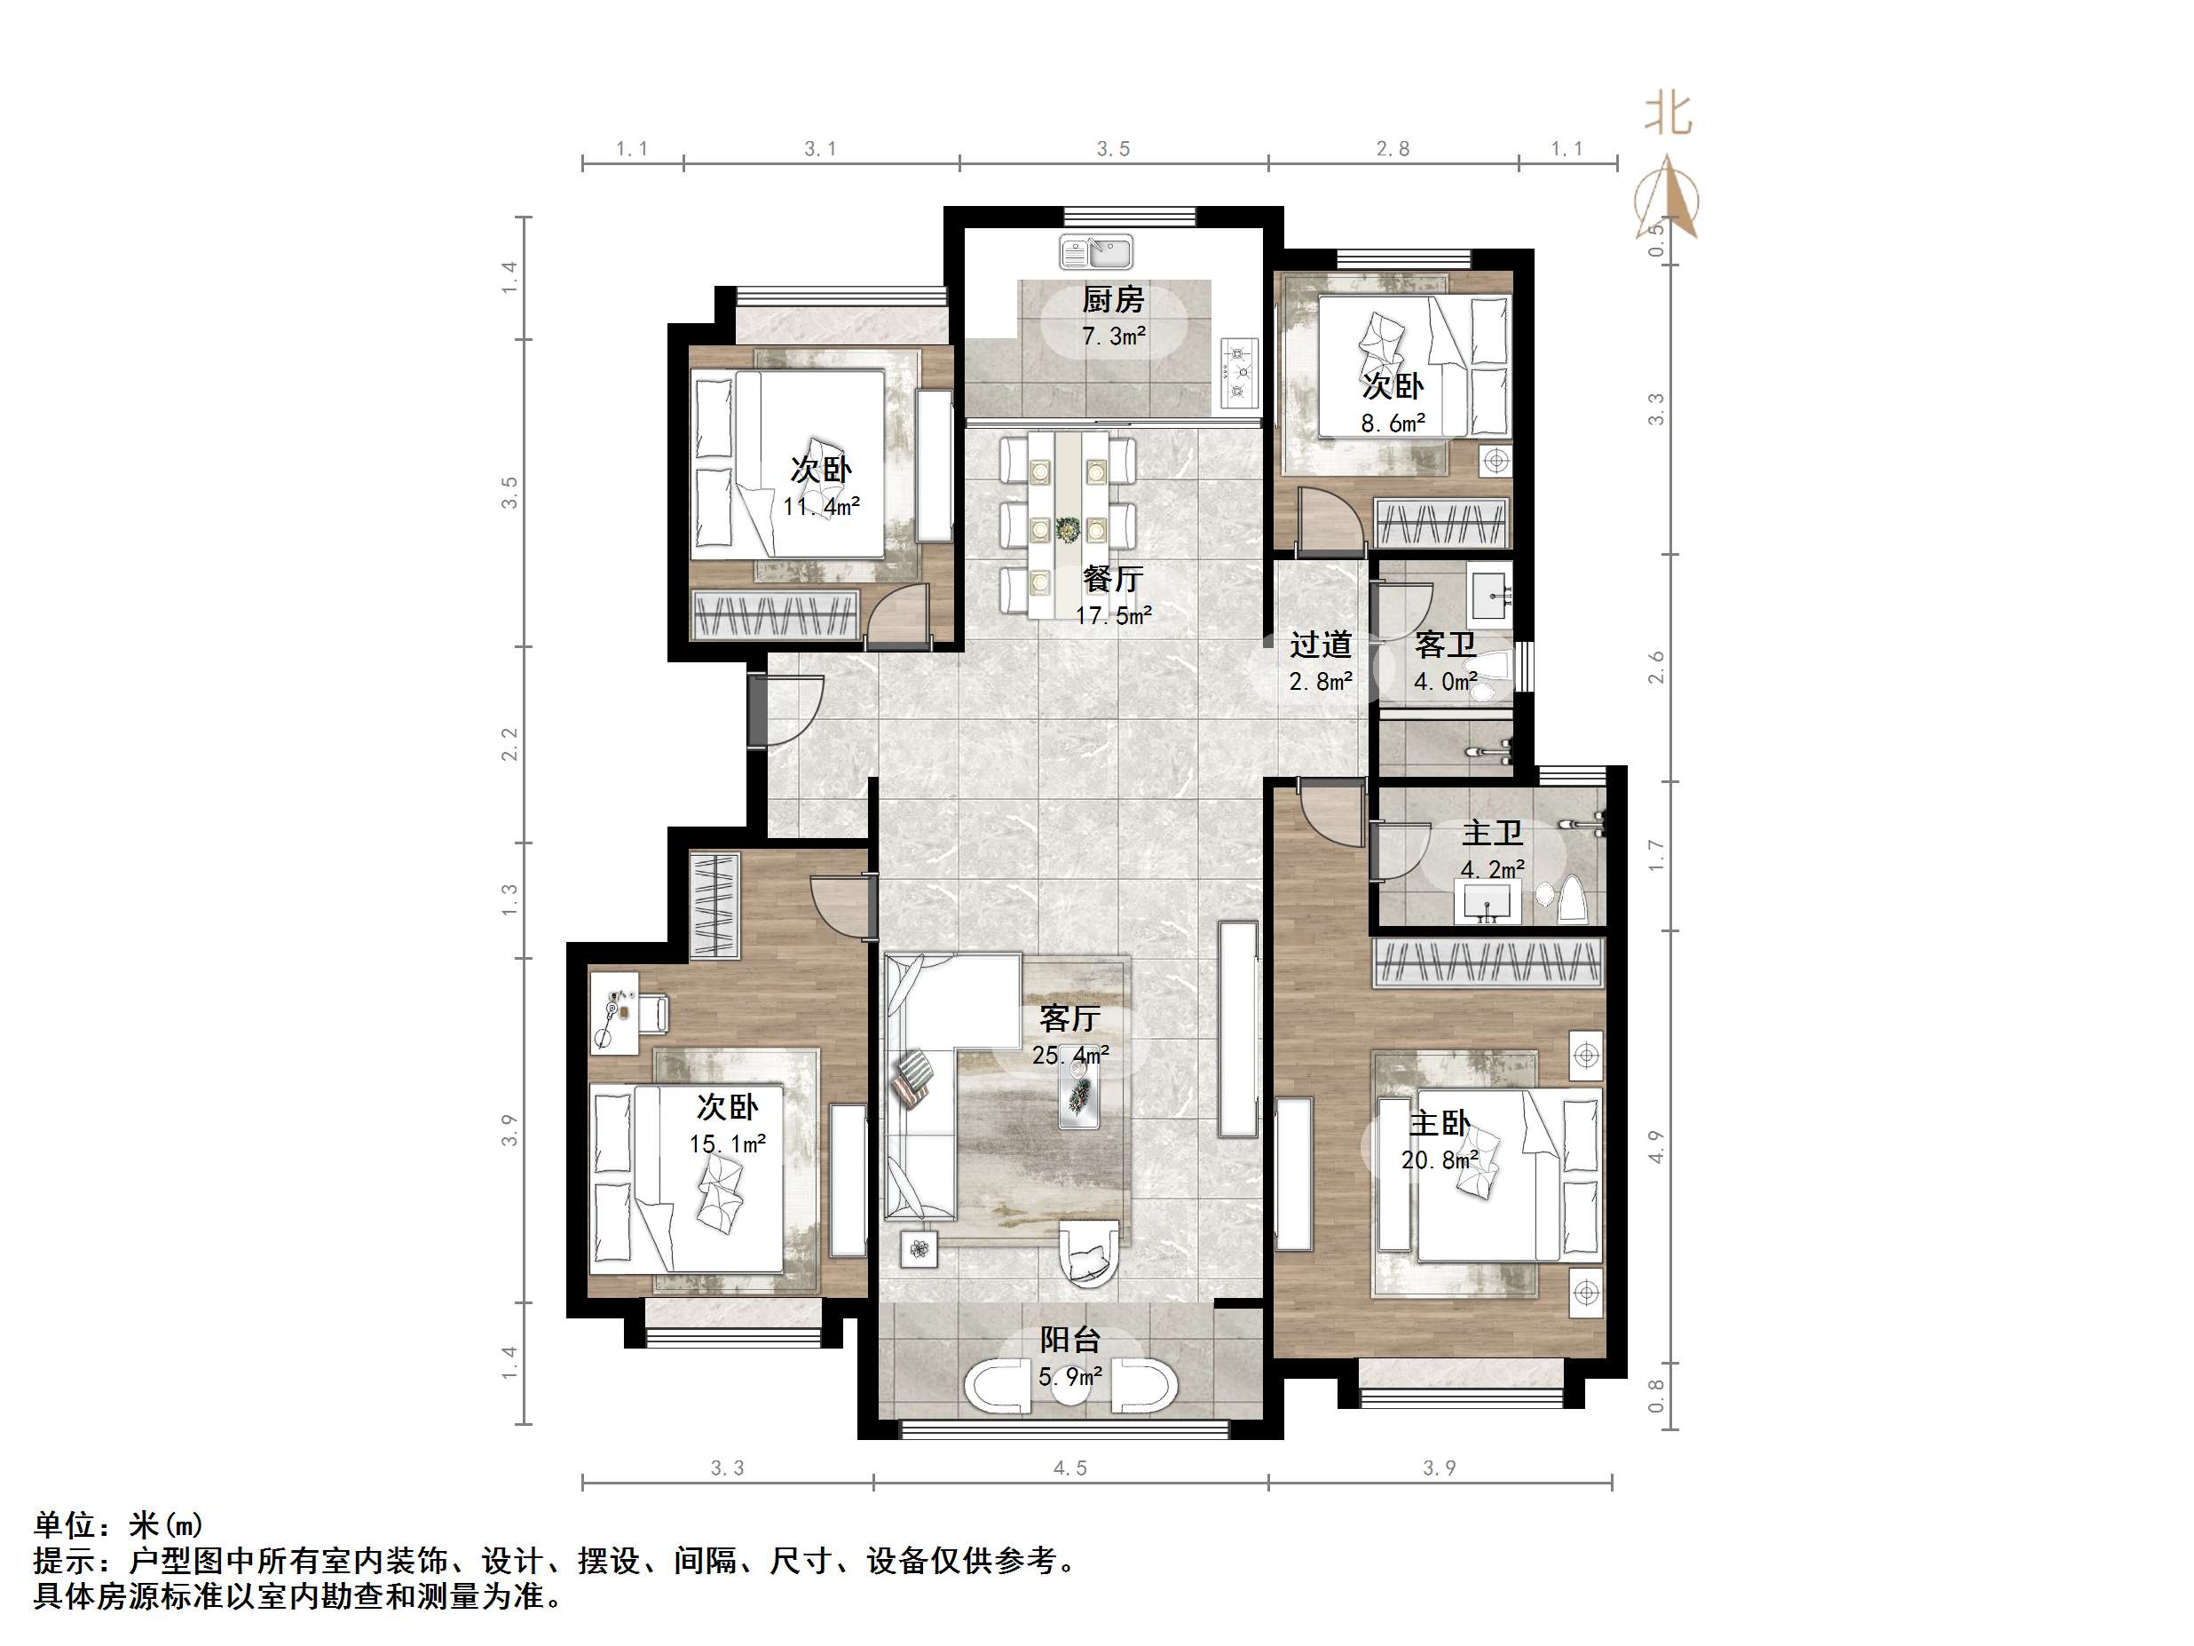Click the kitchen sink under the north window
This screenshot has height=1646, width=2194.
coord(1096,252)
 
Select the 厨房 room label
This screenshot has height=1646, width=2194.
coord(1113,298)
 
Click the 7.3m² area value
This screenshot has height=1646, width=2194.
coord(1113,336)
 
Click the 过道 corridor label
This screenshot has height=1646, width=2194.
coord(1320,645)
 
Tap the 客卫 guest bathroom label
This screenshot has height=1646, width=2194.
coord(1445,645)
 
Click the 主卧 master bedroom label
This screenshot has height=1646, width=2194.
coord(1440,1123)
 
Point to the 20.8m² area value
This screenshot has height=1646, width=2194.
coord(1440,1159)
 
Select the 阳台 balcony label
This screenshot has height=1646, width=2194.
coord(1070,1341)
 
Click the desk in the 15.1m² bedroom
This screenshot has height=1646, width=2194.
coord(615,1011)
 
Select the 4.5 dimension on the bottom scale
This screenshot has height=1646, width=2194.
coord(1070,1468)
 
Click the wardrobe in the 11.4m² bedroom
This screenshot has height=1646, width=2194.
coord(775,615)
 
